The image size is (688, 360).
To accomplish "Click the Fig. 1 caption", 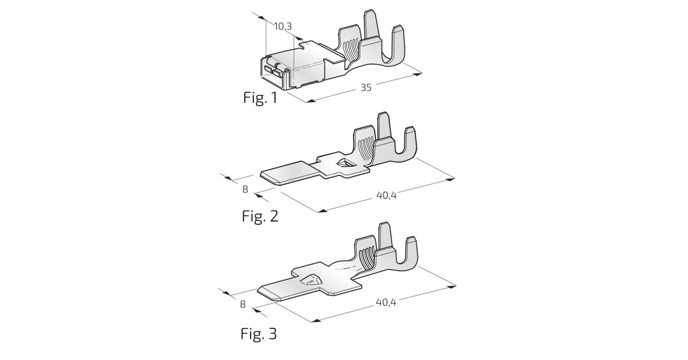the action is click(x=260, y=97).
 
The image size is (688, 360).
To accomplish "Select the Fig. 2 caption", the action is click(x=260, y=216).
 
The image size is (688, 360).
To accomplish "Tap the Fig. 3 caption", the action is click(x=259, y=334).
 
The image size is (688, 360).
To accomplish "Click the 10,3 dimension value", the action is click(x=283, y=26).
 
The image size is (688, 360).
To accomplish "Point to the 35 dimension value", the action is click(x=366, y=88).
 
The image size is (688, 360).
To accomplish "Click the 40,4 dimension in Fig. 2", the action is click(x=386, y=195).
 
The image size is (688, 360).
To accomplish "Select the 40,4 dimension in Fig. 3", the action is click(x=386, y=302).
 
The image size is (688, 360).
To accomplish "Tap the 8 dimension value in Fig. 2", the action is click(x=245, y=189).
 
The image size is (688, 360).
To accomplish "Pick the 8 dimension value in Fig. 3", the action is click(x=243, y=304).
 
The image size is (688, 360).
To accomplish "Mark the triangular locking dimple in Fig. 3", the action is click(x=310, y=280).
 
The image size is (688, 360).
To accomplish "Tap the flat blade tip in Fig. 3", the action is click(x=267, y=293).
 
